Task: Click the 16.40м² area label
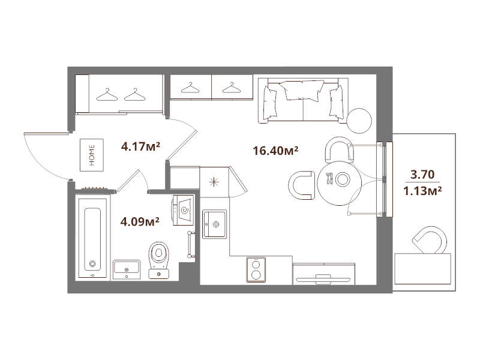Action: pyautogui.click(x=277, y=151)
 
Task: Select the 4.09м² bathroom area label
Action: pyautogui.click(x=140, y=221)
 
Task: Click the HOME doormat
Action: pyautogui.click(x=92, y=154)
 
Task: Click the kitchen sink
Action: pyautogui.click(x=214, y=224)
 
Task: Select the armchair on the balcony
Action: pyautogui.click(x=430, y=240)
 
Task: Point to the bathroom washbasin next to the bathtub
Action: pyautogui.click(x=126, y=267)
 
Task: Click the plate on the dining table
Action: pyautogui.click(x=343, y=179)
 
